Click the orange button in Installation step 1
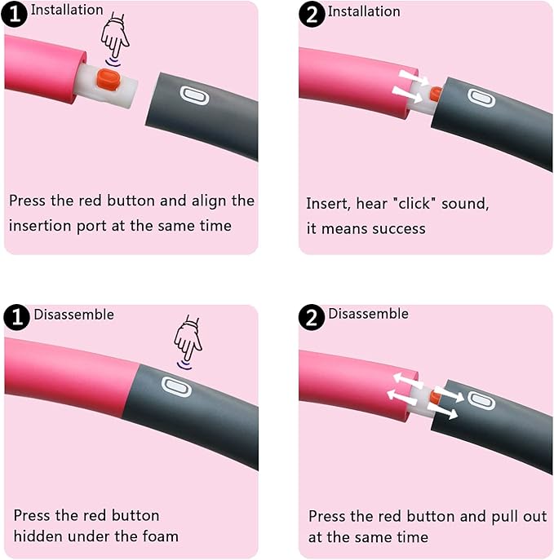tap(107, 80)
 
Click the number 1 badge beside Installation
tap(15, 14)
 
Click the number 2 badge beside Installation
tap(312, 15)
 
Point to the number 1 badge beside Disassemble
tap(16, 317)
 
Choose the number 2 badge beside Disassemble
tap(312, 317)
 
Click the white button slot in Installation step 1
tap(194, 95)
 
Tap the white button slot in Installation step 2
tap(481, 98)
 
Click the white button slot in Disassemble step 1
tap(176, 387)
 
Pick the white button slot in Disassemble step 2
tap(481, 400)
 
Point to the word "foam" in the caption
tap(160, 536)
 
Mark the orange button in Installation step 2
tap(436, 94)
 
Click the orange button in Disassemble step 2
tap(436, 397)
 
